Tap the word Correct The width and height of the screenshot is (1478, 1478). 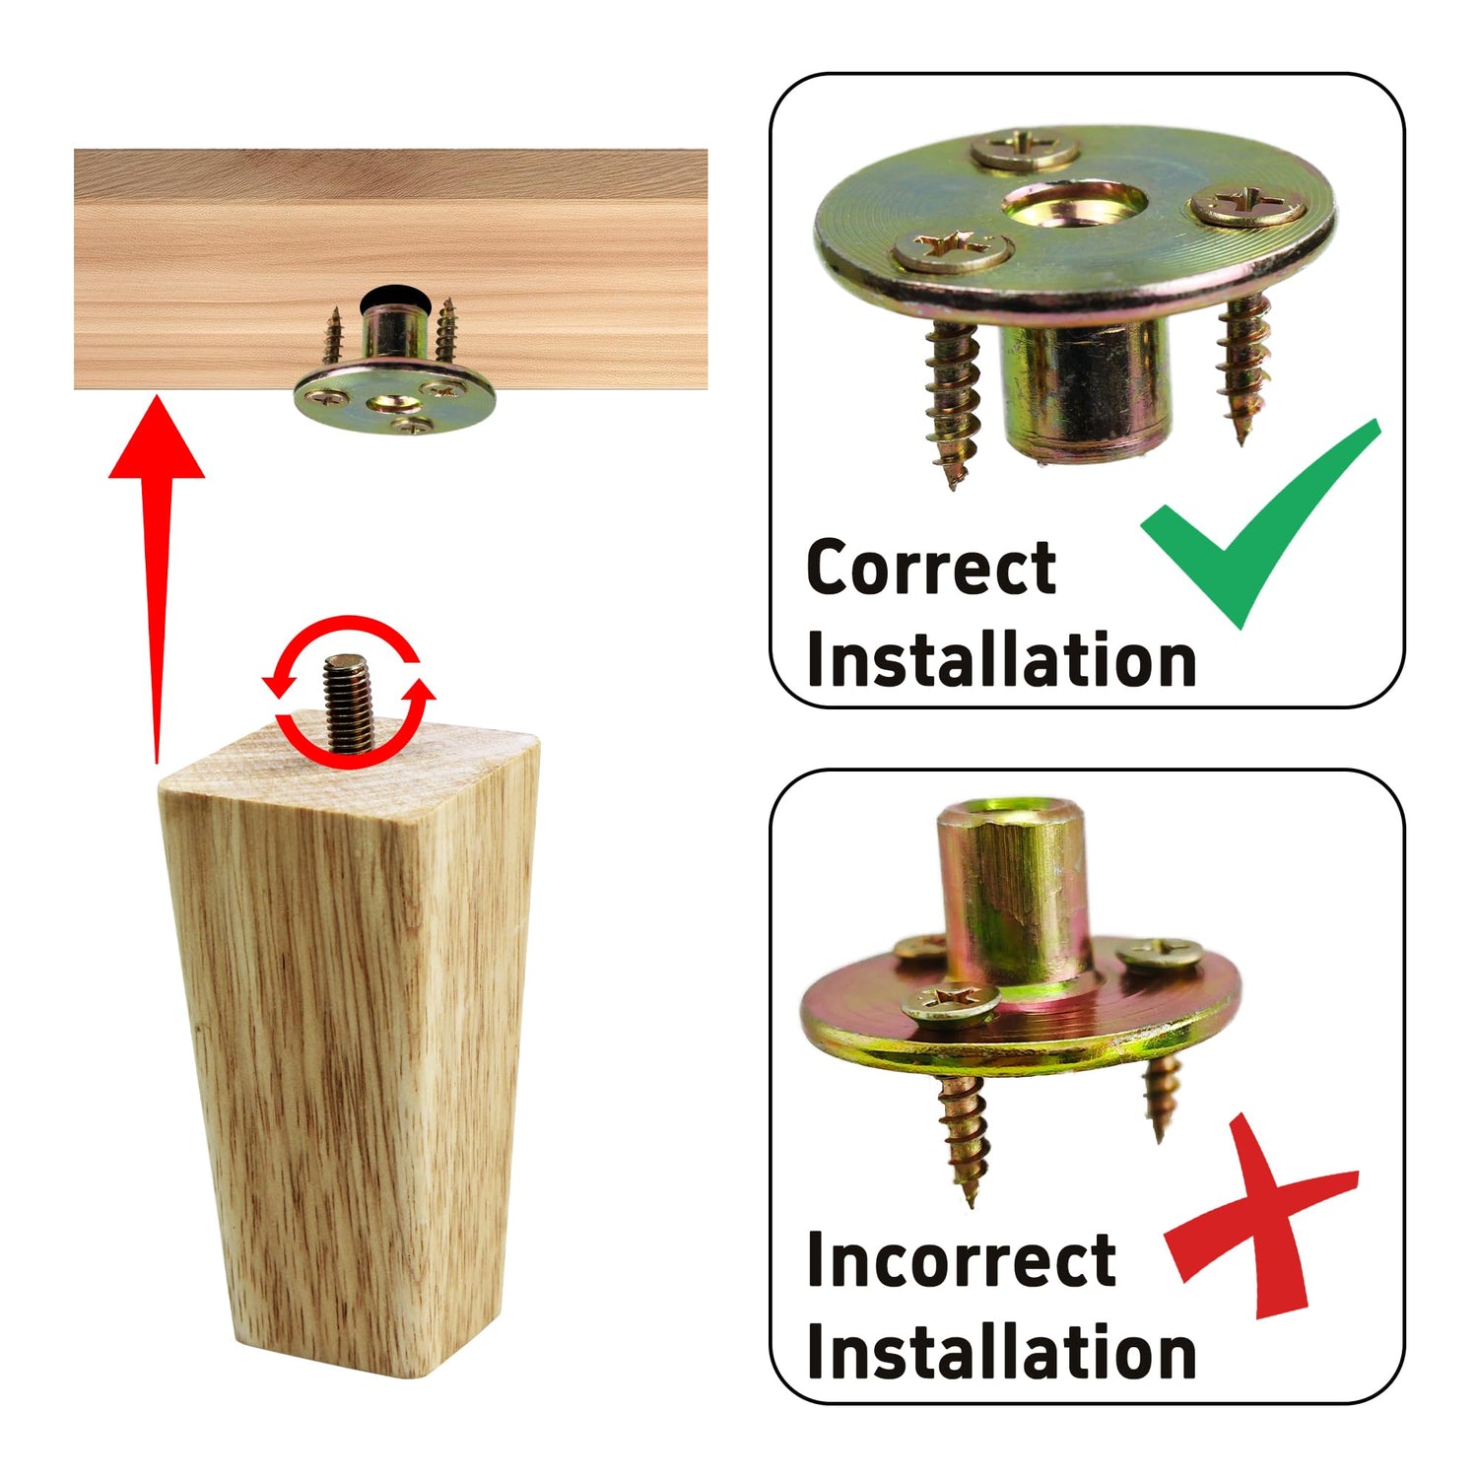pos(931,568)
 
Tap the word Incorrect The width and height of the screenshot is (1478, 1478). pos(961,1259)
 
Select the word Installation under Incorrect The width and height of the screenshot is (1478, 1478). pos(1001,1351)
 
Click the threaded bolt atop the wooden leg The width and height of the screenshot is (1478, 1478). pos(349,703)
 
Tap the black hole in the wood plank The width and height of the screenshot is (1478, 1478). pos(388,298)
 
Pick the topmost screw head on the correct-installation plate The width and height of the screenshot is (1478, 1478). pos(1026,149)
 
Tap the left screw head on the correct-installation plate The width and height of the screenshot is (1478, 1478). pos(952,250)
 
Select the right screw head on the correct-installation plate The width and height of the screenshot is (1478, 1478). pos(1248,206)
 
